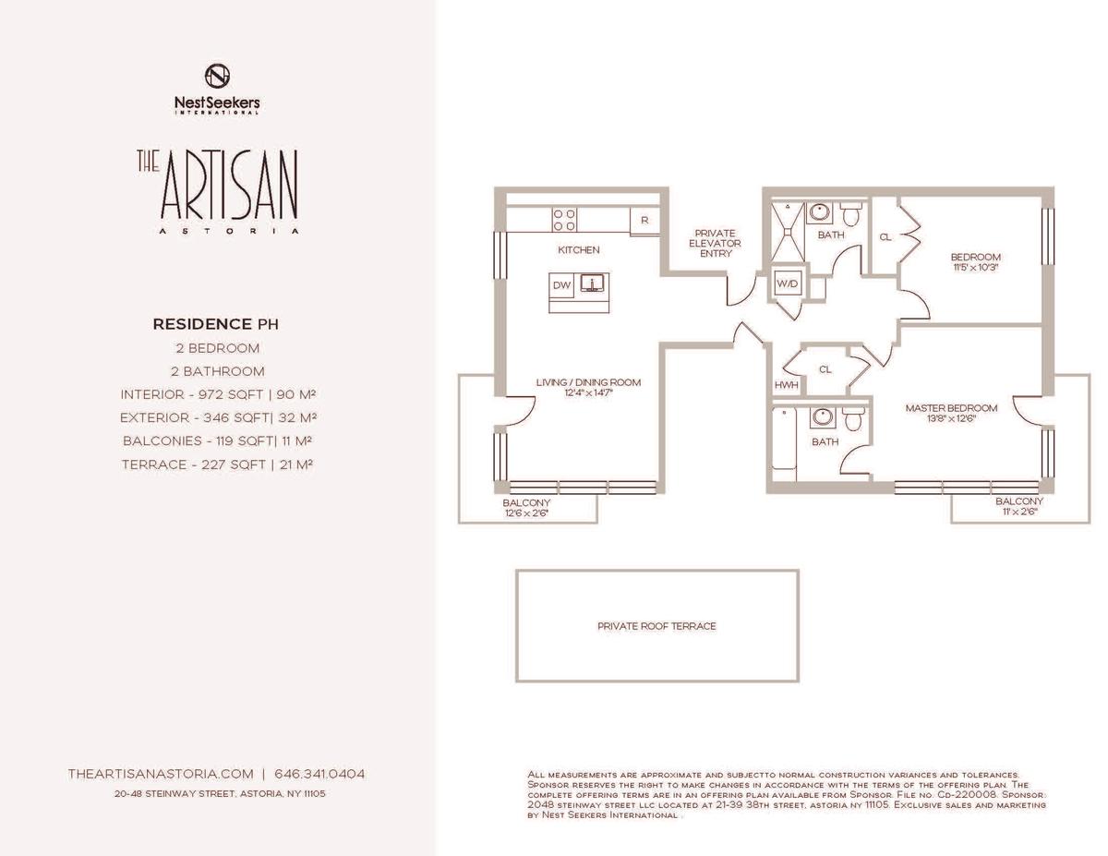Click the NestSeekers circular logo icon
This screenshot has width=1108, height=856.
[x=217, y=76]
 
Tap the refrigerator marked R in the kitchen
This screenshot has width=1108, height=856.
[x=644, y=221]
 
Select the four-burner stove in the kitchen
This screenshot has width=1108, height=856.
[x=564, y=221]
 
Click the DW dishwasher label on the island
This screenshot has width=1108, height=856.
[x=562, y=285]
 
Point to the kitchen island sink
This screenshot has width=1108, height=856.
[x=592, y=283]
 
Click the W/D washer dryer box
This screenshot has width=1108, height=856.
[x=788, y=283]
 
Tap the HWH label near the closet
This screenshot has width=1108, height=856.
[x=786, y=385]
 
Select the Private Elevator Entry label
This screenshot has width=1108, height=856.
[x=715, y=243]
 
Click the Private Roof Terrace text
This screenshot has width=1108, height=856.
[x=656, y=626]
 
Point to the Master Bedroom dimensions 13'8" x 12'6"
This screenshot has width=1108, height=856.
[x=951, y=419]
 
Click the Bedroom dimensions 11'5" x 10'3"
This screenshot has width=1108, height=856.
[x=975, y=268]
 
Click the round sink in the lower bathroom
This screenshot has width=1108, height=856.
[x=822, y=417]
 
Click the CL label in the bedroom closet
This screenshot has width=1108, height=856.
[x=885, y=237]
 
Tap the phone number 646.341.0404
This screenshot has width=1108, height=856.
[x=319, y=774]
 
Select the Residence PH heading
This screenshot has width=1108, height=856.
[x=216, y=324]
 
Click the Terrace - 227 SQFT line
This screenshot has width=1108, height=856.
[x=217, y=465]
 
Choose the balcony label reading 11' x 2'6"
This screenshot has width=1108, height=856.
[x=1019, y=512]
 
